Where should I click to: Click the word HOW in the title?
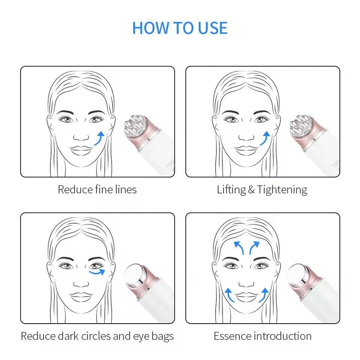(x=148, y=28)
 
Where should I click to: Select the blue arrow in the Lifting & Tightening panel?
(x=265, y=138)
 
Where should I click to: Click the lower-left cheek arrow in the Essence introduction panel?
(x=229, y=295)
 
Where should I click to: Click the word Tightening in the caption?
(x=282, y=190)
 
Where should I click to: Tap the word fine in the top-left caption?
(x=104, y=190)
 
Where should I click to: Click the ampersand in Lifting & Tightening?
(x=252, y=190)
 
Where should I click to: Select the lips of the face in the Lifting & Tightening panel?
(x=246, y=148)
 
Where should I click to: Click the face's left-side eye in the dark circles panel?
(x=67, y=266)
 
